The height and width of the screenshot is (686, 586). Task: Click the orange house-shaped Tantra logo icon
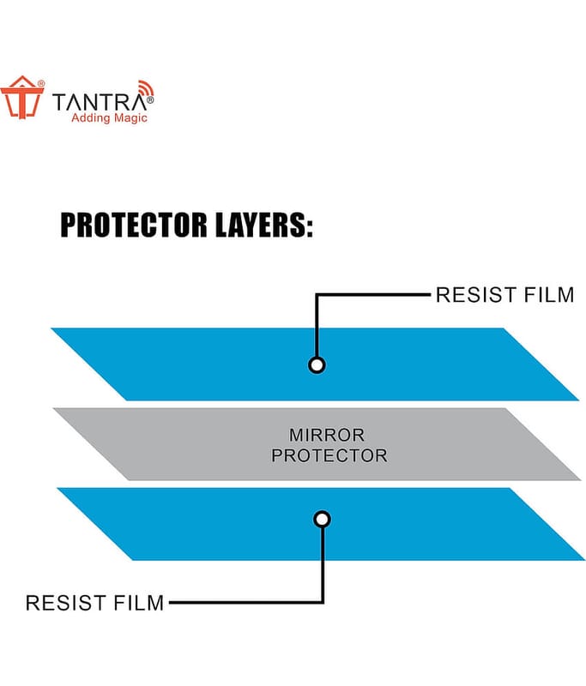point(22,97)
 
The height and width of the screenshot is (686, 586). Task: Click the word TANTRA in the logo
point(100,103)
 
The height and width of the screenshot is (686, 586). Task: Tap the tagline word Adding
point(90,118)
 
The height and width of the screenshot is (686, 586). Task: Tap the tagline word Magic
point(129,118)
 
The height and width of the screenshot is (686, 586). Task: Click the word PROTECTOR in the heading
point(134,225)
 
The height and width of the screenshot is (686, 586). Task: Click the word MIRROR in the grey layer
point(327,435)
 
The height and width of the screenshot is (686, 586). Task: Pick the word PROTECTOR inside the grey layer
point(329,455)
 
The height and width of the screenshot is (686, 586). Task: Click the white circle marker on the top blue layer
point(317,364)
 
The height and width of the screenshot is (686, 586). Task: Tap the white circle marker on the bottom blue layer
point(322,520)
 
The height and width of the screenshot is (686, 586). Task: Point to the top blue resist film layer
point(315,364)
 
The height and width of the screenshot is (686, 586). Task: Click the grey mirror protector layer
point(317,444)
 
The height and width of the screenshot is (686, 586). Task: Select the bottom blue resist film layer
point(321,524)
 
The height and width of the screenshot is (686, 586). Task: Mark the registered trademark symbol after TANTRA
point(150,100)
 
